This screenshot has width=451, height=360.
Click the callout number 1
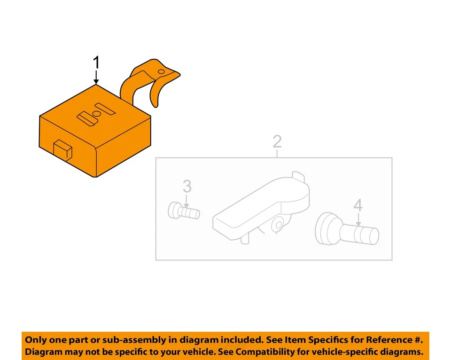point(97,63)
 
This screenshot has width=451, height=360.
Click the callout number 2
point(277,141)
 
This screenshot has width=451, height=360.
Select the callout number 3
point(187,187)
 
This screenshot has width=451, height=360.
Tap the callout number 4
point(358,205)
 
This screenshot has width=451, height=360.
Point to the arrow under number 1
point(97,77)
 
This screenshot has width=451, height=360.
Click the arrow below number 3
point(187,203)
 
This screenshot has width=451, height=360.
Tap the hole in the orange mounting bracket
point(161,72)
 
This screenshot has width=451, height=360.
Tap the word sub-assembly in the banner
point(129,339)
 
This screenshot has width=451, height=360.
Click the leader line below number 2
point(277,152)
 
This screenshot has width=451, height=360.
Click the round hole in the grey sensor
point(279,226)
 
